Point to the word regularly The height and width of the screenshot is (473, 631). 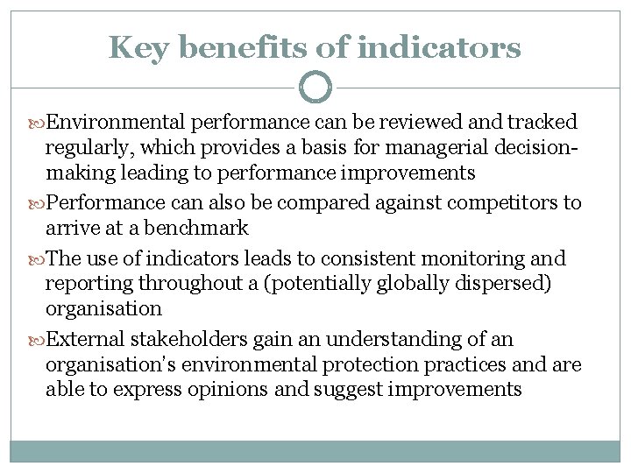coord(87,145)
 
